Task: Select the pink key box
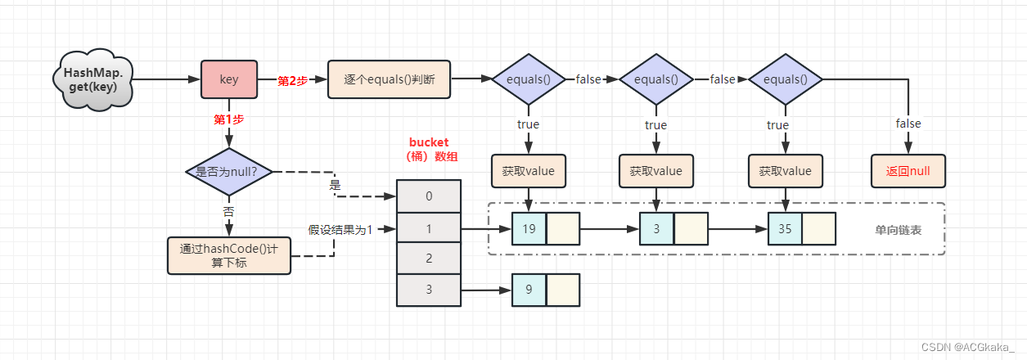point(229,80)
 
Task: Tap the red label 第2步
point(292,80)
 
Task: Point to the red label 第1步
point(229,119)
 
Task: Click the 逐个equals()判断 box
point(389,80)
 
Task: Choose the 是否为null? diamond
point(229,172)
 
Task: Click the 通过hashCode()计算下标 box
point(229,255)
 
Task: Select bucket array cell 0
point(429,197)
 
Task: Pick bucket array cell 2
point(429,259)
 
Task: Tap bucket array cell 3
point(429,290)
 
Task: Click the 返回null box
point(908,172)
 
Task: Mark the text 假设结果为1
point(340,230)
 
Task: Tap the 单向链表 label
point(899,230)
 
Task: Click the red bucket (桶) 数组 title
point(429,149)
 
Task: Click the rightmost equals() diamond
point(785,80)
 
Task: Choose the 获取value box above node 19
point(529,172)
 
